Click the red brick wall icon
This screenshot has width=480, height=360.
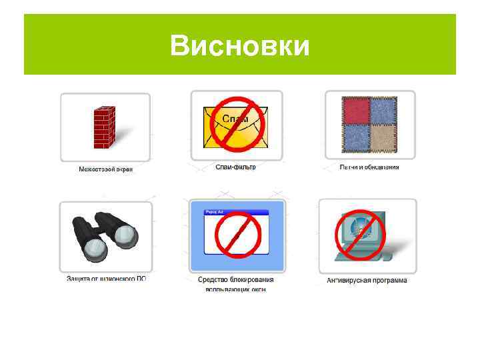pos(104,127)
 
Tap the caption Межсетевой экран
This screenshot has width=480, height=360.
pos(106,170)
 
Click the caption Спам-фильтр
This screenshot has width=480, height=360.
pos(235,167)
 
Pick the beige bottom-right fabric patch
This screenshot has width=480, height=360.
pos(384,138)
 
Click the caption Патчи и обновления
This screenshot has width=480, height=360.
pos(369,167)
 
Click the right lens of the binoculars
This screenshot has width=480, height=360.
pos(125,235)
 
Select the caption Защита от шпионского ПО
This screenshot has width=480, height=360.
pos(106,278)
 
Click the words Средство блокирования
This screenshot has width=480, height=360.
pos(236,279)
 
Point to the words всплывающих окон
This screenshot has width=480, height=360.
pos(236,289)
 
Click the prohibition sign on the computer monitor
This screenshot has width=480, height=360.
pos(361,235)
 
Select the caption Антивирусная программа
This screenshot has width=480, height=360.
pos(367,281)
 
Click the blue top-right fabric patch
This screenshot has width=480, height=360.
pos(384,111)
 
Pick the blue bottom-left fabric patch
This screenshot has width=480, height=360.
pos(355,138)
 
